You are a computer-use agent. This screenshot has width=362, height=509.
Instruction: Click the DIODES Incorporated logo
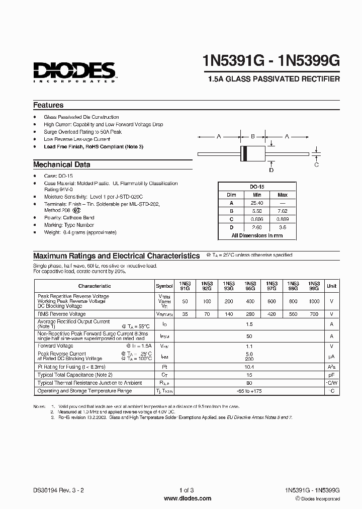point(75,71)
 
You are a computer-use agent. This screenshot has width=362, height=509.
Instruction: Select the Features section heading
point(48,105)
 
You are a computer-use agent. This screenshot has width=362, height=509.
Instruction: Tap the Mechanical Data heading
point(62,164)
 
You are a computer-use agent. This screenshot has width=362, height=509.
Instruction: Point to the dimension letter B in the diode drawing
point(253,136)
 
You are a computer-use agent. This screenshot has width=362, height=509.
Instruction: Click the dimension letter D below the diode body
point(271,170)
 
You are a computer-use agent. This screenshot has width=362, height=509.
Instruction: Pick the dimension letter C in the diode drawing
point(316,164)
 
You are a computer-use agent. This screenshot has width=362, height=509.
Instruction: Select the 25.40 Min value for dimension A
point(256,203)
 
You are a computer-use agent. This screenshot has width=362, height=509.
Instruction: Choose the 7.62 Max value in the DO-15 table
point(283,211)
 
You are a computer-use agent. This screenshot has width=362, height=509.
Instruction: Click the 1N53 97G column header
point(271,286)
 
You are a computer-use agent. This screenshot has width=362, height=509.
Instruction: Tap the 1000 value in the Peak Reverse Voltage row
point(314,300)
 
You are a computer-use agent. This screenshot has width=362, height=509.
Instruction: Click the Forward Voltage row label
point(55,346)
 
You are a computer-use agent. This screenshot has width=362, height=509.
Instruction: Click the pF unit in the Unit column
point(332,375)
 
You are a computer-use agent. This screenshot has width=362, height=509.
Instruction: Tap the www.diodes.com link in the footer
point(180,498)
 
